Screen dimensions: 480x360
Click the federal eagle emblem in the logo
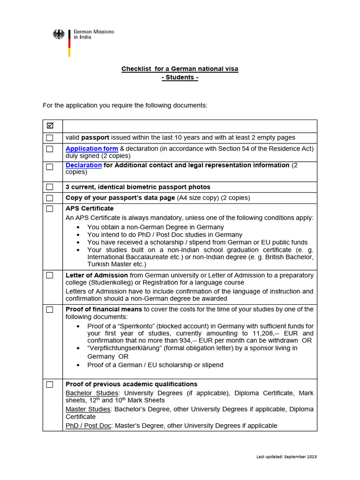[59, 35]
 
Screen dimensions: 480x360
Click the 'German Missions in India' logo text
[93, 34]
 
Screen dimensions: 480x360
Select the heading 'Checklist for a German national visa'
[180, 69]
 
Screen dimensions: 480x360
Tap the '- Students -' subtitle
[180, 77]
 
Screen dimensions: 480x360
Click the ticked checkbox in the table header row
[50, 126]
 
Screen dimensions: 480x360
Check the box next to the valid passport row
[50, 138]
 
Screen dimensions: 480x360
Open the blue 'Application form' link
[85, 149]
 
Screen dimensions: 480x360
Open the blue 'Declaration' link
[83, 165]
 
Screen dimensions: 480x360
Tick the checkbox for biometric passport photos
[50, 187]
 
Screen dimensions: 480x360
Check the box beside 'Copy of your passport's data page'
[50, 198]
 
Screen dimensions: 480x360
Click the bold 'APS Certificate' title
[90, 208]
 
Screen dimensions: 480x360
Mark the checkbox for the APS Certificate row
[50, 209]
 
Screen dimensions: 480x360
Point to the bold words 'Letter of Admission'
[97, 275]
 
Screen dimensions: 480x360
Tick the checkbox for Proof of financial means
[50, 310]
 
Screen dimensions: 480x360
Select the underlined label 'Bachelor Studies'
[92, 393]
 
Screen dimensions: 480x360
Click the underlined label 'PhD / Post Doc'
[89, 426]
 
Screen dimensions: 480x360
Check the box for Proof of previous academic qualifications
[50, 384]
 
